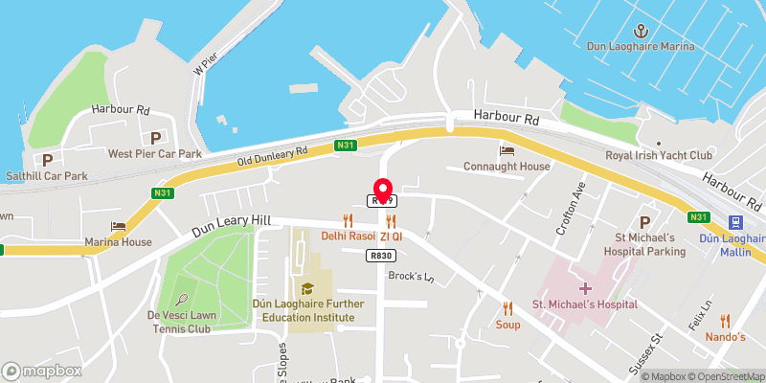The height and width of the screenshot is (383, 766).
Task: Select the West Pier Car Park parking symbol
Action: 155,138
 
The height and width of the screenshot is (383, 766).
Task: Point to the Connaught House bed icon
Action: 506,150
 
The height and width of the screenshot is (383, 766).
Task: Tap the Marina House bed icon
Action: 118,226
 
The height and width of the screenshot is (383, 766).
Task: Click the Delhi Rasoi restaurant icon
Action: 348,220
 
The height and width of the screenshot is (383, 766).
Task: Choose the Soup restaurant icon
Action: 507,308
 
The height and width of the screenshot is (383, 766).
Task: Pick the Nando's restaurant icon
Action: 726,321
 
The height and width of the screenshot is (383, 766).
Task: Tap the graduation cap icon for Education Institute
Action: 308,287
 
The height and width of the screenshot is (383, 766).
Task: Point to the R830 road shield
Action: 379,256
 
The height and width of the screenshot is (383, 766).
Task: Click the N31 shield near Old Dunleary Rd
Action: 346,146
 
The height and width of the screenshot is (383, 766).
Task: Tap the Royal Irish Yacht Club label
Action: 660,155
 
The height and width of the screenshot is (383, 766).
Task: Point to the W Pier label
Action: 203,64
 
